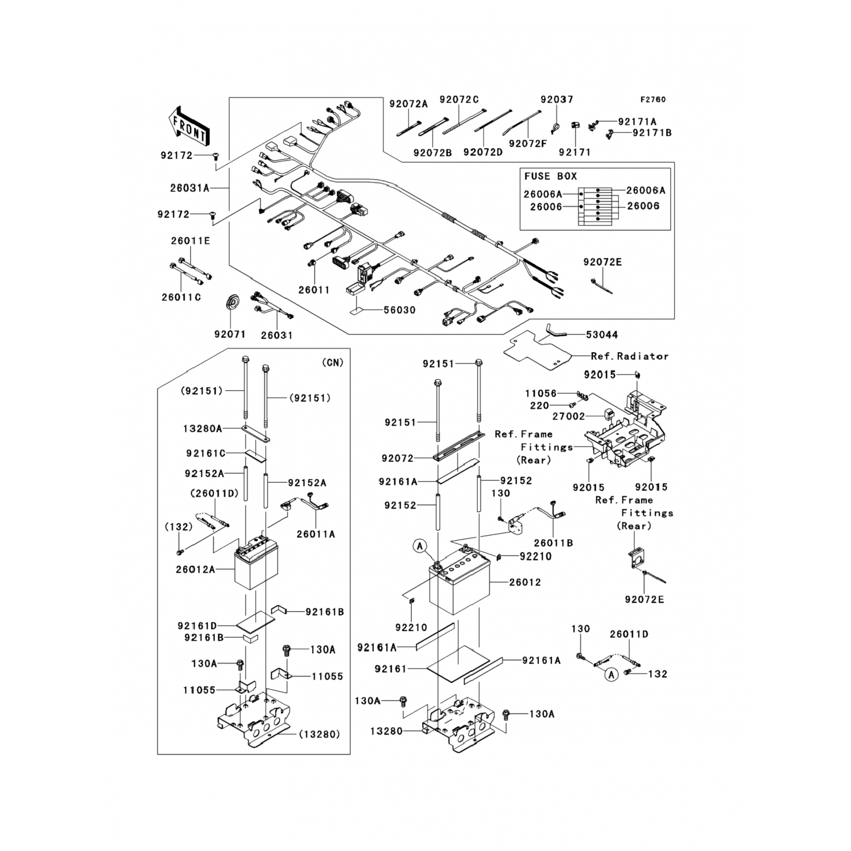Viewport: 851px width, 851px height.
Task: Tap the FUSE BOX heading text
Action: (550, 176)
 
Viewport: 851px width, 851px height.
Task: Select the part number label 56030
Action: (399, 310)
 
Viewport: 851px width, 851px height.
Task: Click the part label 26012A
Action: (195, 568)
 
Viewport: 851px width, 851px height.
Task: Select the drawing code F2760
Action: (653, 99)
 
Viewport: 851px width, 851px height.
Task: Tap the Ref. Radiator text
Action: (630, 356)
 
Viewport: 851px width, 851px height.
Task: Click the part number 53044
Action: (602, 335)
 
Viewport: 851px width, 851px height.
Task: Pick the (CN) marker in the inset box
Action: (332, 362)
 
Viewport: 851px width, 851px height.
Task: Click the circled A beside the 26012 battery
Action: (420, 546)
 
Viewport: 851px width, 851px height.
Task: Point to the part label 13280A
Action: (203, 428)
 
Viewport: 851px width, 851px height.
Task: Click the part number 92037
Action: (557, 99)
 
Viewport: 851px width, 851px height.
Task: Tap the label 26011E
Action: (191, 241)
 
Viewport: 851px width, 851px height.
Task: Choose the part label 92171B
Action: (652, 133)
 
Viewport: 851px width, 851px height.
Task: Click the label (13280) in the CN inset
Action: (319, 734)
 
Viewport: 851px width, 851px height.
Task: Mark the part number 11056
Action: (541, 393)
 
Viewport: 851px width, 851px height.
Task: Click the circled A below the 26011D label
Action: (611, 675)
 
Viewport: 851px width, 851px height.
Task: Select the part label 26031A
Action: (189, 188)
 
